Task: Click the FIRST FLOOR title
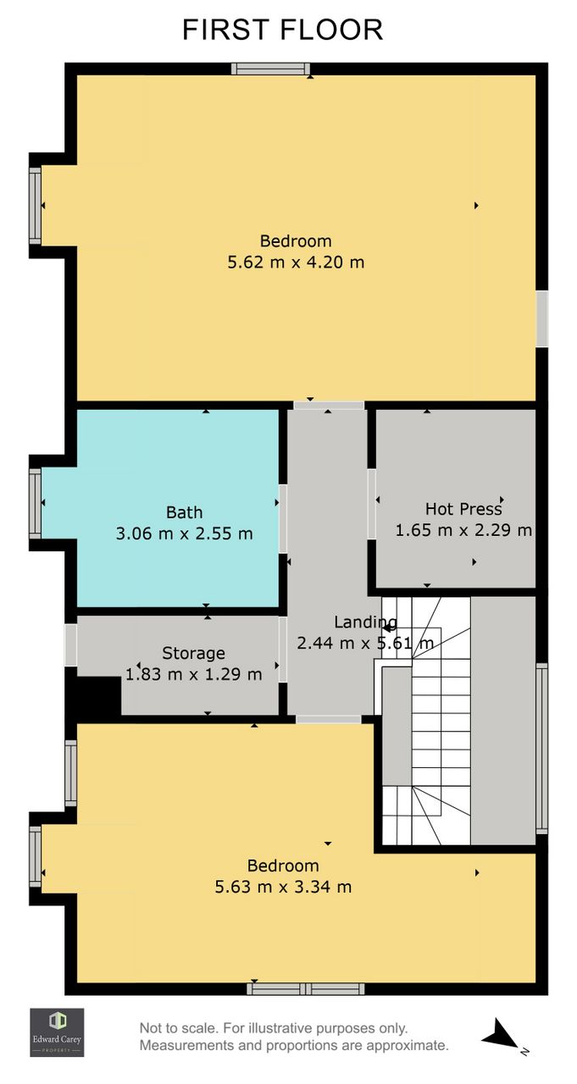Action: point(283,30)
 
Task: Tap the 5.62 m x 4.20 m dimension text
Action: point(296,263)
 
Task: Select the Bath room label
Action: point(184,512)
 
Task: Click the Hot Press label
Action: point(463,509)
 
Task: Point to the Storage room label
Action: point(193,653)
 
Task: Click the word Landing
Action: point(365,622)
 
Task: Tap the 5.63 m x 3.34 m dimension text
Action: point(283,887)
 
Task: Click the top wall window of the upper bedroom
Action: point(270,69)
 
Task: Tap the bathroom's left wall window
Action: point(36,503)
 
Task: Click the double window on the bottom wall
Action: point(305,988)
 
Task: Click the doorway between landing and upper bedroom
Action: point(329,406)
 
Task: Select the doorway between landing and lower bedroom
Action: point(329,719)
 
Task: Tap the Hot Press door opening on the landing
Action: point(372,504)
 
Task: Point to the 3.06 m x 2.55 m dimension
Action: point(184,534)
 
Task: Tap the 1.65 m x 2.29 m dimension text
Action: point(463,530)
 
